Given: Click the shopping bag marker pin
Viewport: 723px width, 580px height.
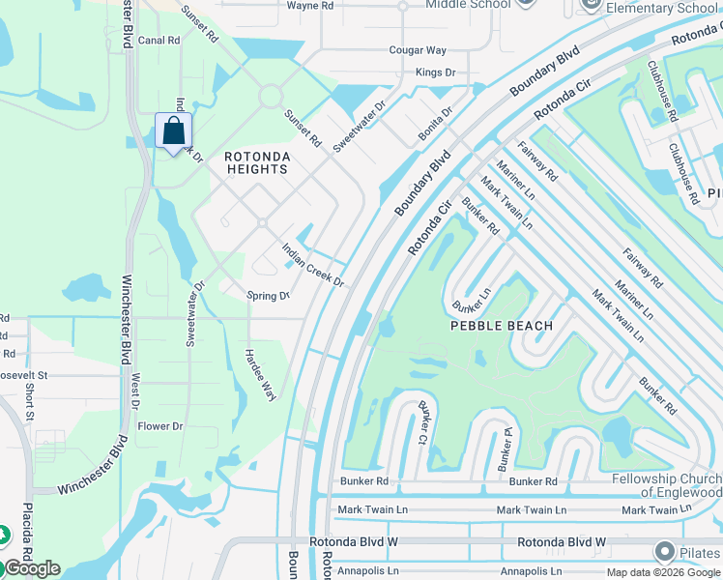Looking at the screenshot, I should pos(173,130).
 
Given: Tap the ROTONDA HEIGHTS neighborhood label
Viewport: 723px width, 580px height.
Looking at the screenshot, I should pos(256,162).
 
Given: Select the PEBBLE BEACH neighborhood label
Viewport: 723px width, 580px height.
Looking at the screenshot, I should pos(502,326).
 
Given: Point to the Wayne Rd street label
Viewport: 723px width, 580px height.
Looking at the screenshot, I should pos(310,6).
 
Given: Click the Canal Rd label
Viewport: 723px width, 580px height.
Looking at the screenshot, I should pos(159,41).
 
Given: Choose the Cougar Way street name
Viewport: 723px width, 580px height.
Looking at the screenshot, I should pos(418,50).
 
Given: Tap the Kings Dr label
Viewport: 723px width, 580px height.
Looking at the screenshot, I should pos(435,72).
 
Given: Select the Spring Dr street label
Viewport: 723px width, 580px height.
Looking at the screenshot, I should pos(268,296).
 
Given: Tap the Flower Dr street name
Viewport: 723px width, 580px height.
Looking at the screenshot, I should pos(160,426).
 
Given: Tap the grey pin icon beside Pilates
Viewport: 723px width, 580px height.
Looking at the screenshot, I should pos(664,552).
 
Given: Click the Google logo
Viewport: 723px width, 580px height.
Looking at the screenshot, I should pos(31,568).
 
